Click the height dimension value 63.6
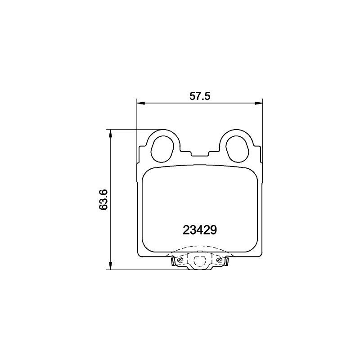point(104,200)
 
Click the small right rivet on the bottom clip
point(219,261)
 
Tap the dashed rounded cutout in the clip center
point(199,260)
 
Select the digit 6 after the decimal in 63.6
point(104,191)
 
